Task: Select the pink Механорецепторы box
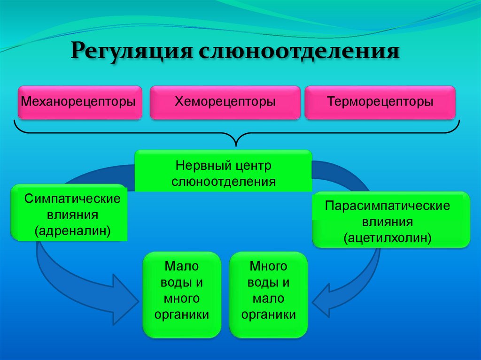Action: coord(80,102)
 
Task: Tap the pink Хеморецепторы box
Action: coord(225,102)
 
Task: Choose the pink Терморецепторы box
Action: coord(380,102)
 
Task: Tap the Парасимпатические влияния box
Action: coord(391,220)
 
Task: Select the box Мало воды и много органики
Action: coord(181,295)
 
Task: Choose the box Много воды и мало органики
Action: coord(268,295)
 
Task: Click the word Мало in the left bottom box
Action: coord(181,267)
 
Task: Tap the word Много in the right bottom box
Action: coord(268,267)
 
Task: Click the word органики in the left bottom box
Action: coord(181,314)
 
